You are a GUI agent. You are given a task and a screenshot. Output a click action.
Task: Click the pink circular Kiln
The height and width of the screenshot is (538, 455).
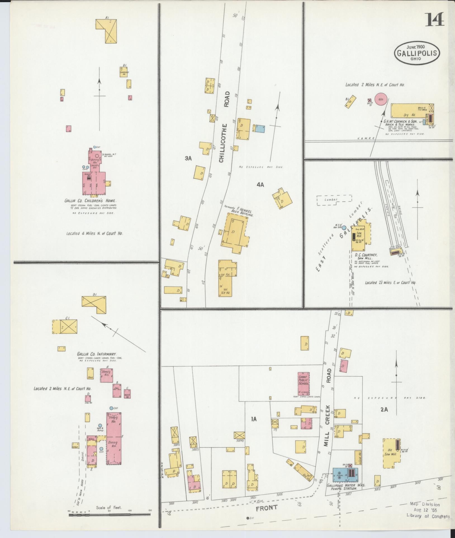click(x=381, y=99)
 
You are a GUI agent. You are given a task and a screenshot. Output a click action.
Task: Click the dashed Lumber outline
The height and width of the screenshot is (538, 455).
click(x=334, y=200)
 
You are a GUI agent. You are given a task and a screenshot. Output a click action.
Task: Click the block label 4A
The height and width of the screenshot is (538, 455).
click(x=260, y=184)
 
